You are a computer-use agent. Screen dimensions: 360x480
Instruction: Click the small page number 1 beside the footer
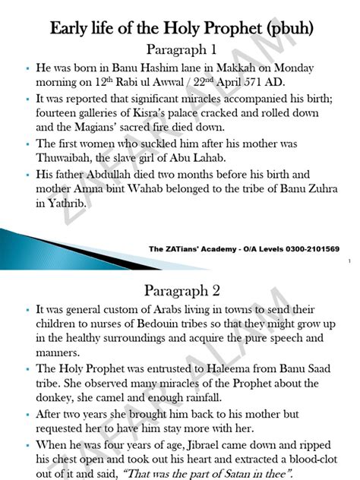coord(348,261)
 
